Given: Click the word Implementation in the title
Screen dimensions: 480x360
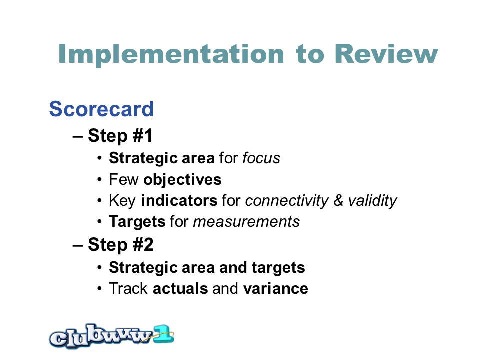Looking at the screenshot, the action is (x=171, y=54).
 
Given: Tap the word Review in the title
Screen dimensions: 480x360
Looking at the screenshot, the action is (x=386, y=54).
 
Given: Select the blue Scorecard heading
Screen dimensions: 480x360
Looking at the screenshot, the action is (x=101, y=109).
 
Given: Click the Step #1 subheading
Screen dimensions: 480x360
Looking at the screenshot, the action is (x=120, y=136).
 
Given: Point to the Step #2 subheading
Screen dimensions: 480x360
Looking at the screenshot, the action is (x=120, y=245).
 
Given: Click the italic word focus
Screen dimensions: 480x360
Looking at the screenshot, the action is (x=261, y=158).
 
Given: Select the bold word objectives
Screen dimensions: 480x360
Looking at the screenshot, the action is (x=183, y=180).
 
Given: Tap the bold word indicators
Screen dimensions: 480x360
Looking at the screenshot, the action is (x=179, y=201).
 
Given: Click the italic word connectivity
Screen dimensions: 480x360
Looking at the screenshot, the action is (x=287, y=201).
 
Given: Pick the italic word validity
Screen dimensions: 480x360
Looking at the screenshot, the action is (x=372, y=201).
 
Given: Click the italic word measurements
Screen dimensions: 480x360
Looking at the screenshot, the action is (x=246, y=222).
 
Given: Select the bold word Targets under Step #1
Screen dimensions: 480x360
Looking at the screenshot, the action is (x=137, y=222).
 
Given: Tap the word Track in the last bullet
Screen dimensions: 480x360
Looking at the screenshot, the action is (x=128, y=288).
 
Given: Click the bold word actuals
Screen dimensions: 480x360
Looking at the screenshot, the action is (x=180, y=288).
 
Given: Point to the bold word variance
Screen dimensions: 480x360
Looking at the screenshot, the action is (x=276, y=288).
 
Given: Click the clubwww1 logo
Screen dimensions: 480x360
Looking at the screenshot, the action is (x=111, y=336).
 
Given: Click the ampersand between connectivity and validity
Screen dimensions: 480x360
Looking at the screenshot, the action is (x=338, y=201).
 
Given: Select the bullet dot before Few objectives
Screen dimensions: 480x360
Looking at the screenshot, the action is (x=99, y=180).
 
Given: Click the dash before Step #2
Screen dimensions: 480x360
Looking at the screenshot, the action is (x=78, y=246).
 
